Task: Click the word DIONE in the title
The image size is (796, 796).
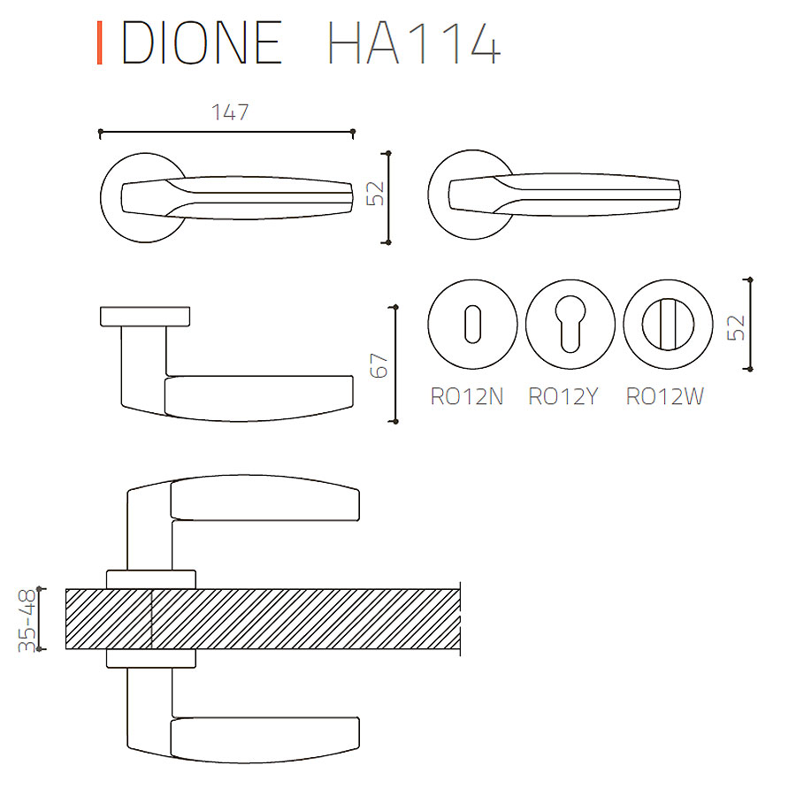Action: [202, 42]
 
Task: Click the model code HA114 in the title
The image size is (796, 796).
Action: [414, 42]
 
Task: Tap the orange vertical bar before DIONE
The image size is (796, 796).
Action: [100, 42]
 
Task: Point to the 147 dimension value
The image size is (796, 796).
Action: [230, 112]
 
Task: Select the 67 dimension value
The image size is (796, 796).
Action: [379, 365]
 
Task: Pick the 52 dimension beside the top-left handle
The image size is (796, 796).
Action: [375, 194]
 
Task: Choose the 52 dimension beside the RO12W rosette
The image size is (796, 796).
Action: [736, 327]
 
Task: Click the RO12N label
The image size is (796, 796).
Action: [466, 396]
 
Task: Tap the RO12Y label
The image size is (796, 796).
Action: [563, 396]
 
